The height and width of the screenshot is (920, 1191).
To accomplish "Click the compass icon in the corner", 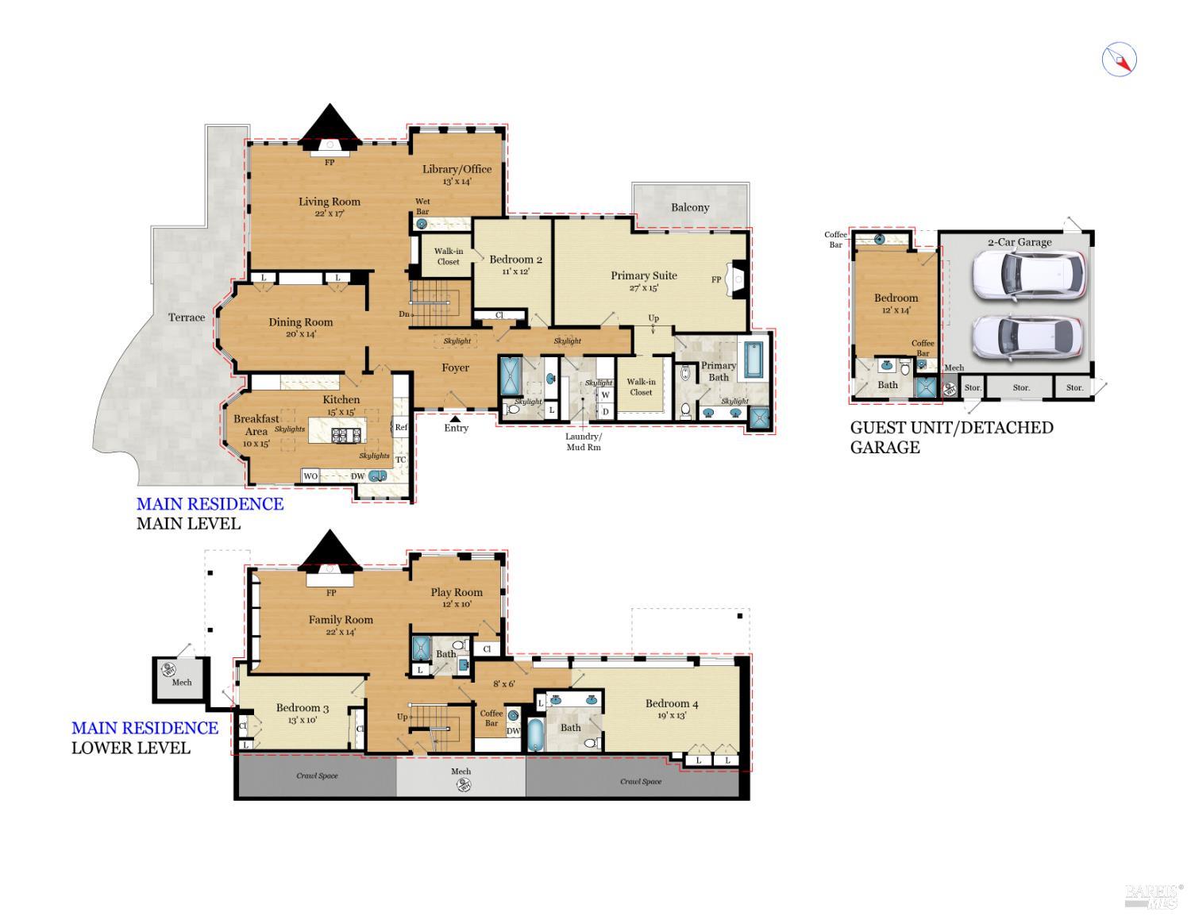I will tap(1119, 60).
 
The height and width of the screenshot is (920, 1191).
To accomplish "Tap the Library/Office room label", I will tap(457, 169).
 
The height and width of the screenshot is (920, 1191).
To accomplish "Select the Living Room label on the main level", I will tap(329, 202).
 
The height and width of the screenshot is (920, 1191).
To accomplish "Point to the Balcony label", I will tap(690, 207).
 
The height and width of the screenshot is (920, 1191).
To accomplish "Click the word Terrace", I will tap(187, 318).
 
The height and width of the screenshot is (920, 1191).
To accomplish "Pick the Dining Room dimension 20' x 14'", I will tap(300, 334).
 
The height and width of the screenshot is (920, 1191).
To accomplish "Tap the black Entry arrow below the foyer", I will tap(456, 418).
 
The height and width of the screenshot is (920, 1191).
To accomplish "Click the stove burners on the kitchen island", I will tap(346, 434).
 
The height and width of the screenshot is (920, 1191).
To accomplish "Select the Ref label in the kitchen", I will tap(401, 427).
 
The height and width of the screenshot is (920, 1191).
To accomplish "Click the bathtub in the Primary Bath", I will tap(752, 360).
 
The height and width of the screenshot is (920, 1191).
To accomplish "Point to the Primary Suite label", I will tap(643, 275).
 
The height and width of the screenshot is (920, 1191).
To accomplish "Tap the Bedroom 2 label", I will tap(515, 260).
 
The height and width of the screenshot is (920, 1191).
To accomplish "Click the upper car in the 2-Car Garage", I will tap(1028, 275).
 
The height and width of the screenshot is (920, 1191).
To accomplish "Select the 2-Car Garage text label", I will tap(1019, 242).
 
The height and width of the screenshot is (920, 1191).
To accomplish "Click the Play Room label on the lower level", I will tap(457, 592).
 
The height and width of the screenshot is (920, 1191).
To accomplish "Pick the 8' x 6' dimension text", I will tap(504, 683).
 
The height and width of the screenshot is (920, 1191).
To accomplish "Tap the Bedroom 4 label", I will tap(672, 703).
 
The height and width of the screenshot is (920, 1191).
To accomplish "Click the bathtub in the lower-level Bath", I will tap(535, 734).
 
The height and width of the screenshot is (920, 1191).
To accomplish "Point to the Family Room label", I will tap(341, 620).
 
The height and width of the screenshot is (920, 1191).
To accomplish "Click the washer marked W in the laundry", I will tap(605, 395).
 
